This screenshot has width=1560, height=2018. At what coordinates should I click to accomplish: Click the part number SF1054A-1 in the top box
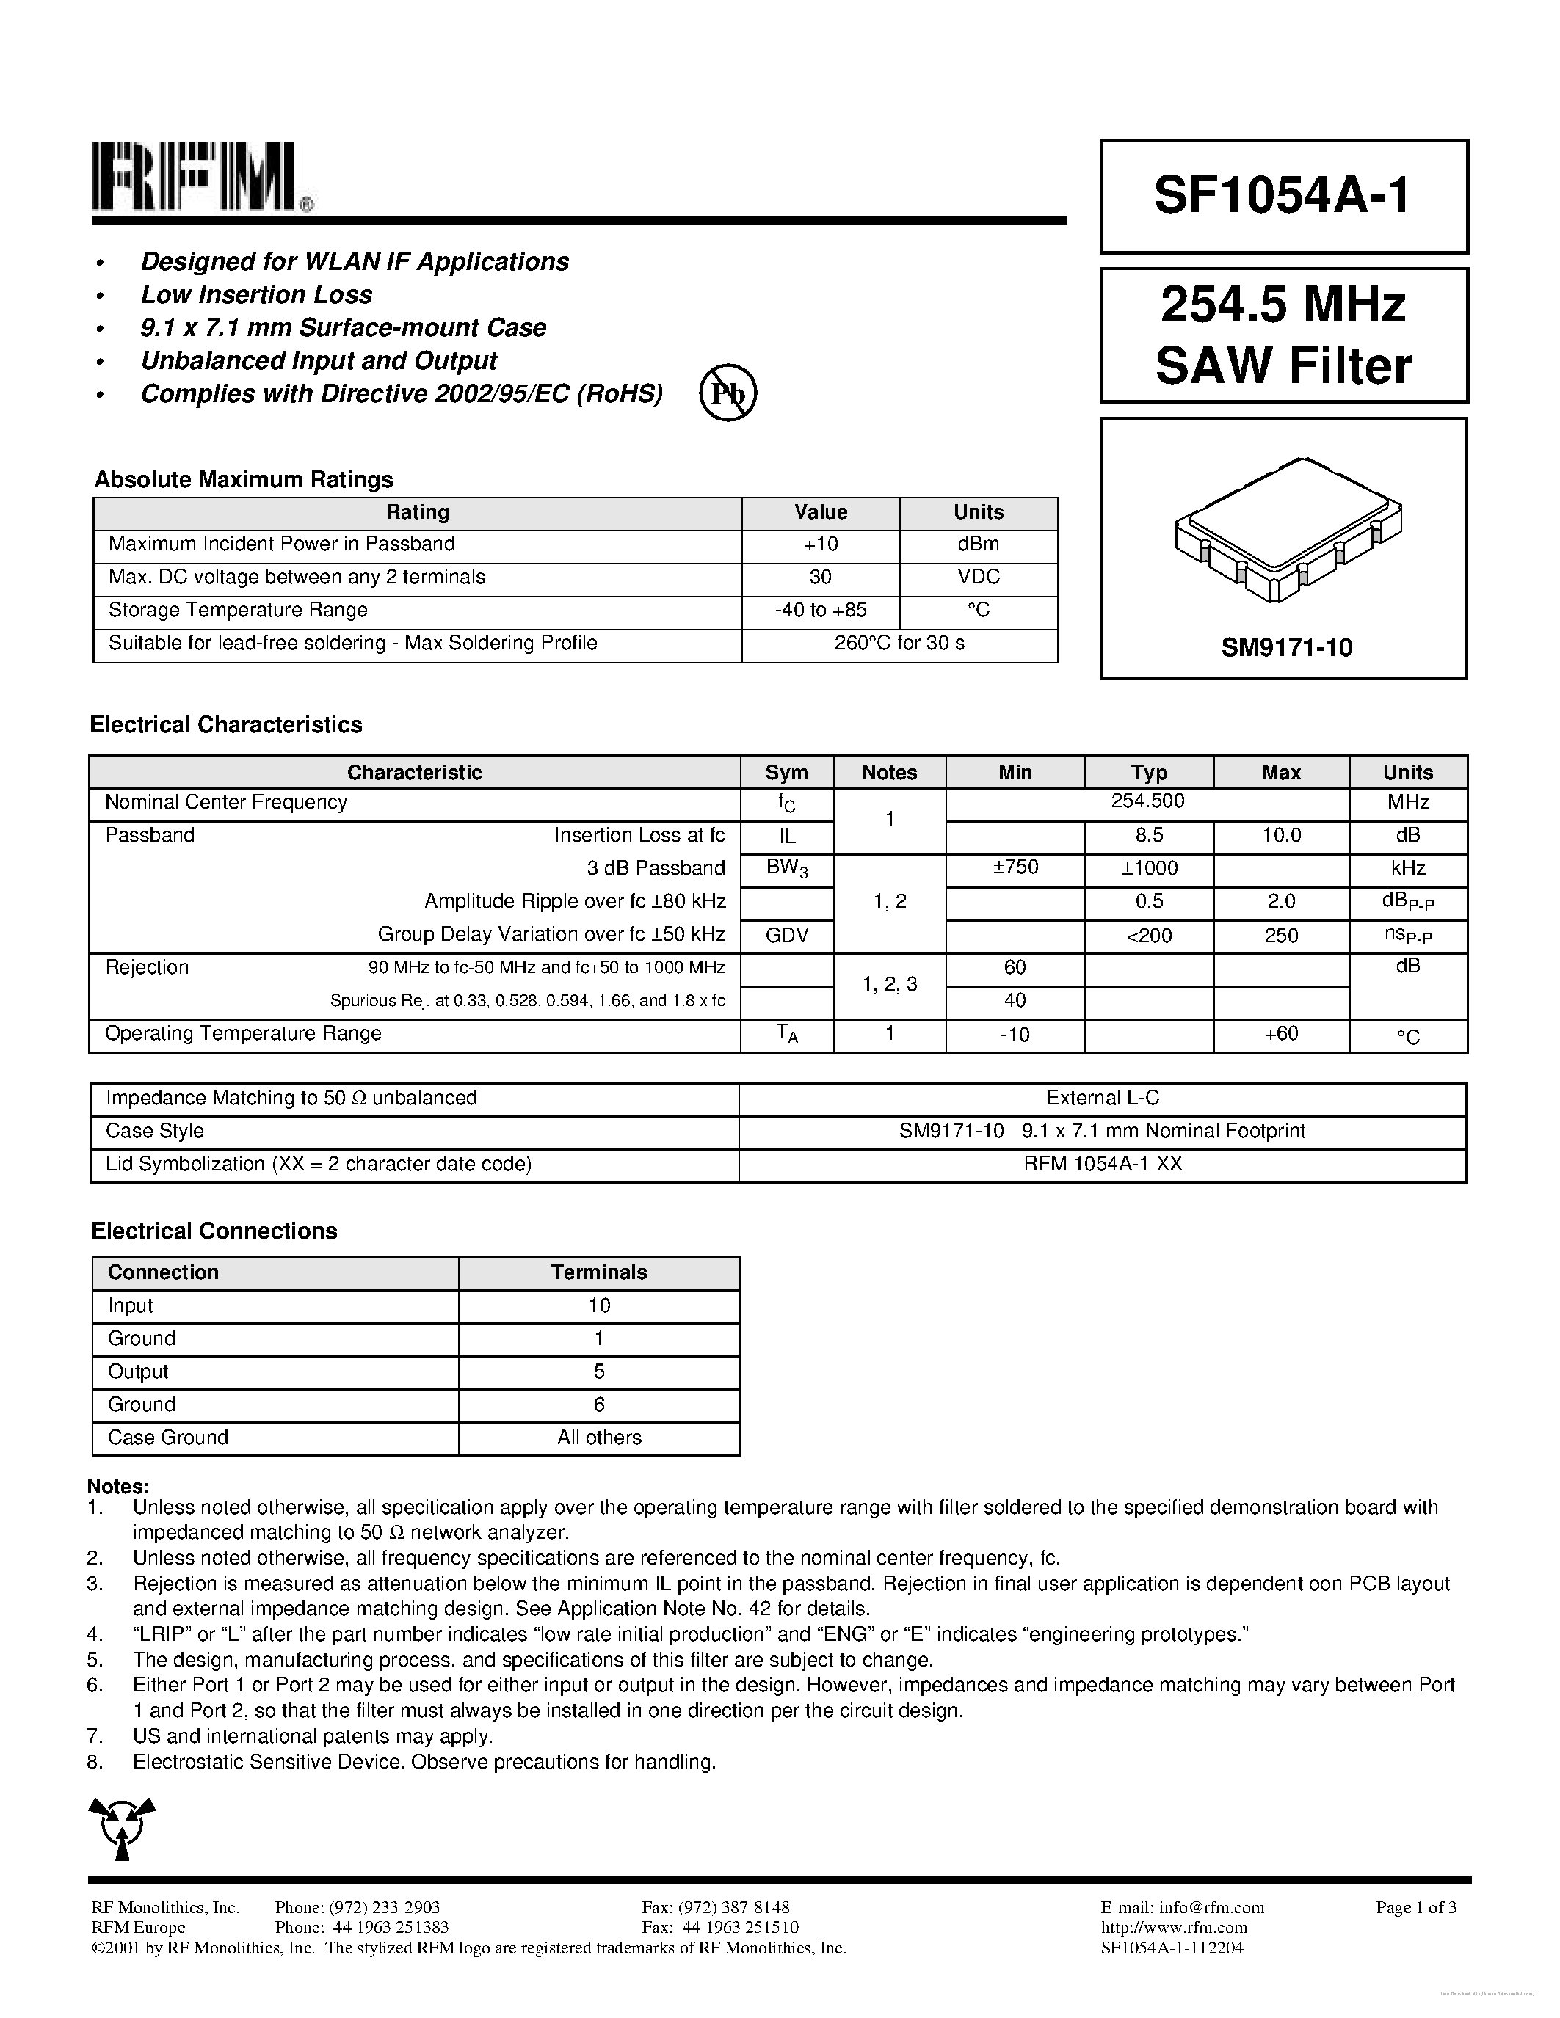[x=1282, y=196]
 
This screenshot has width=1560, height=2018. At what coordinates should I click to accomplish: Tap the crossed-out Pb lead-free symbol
[x=728, y=393]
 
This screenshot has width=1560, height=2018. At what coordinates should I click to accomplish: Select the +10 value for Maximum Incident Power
[x=820, y=544]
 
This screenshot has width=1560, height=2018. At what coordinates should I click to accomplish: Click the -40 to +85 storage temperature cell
[x=820, y=610]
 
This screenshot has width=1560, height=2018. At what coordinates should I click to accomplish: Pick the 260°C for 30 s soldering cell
[x=899, y=643]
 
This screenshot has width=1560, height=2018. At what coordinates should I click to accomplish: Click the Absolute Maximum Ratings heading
[x=244, y=480]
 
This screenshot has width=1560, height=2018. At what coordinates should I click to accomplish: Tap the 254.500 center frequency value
[x=1147, y=801]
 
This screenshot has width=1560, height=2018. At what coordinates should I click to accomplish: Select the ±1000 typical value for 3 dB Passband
[x=1148, y=869]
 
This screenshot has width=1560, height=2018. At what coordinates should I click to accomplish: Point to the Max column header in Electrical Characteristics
[x=1281, y=773]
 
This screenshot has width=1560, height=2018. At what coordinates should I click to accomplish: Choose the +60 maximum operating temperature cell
[x=1281, y=1034]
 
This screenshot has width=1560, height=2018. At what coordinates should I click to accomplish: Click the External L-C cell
[x=1102, y=1098]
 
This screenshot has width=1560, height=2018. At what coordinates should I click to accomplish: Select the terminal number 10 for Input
[x=599, y=1305]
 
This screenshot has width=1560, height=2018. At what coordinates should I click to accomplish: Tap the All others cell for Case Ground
[x=599, y=1438]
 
